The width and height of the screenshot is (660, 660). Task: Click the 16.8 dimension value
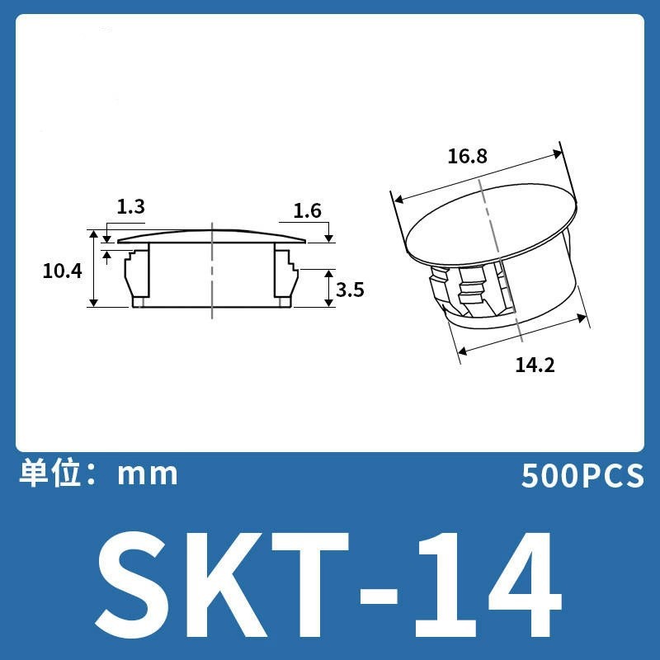pyautogui.click(x=467, y=157)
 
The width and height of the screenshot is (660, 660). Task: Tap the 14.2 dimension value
pyautogui.click(x=535, y=365)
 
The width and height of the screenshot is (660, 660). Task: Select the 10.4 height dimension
pyautogui.click(x=63, y=271)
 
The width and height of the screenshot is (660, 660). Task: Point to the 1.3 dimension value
pyautogui.click(x=130, y=207)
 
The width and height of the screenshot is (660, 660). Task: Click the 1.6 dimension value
pyautogui.click(x=307, y=211)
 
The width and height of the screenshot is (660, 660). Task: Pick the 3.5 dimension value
pyautogui.click(x=350, y=290)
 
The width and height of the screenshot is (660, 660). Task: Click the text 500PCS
pyautogui.click(x=582, y=476)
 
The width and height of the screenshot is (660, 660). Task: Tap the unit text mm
pyautogui.click(x=148, y=475)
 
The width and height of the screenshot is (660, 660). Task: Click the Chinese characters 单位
pyautogui.click(x=50, y=474)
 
